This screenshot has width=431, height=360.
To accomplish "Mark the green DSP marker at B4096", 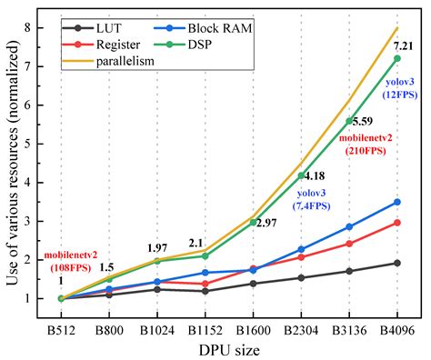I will (x=396, y=58).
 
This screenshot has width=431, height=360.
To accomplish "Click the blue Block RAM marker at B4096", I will (x=396, y=202).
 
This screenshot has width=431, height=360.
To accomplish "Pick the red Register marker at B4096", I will (x=396, y=223).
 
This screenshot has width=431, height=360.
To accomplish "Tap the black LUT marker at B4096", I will (x=396, y=263).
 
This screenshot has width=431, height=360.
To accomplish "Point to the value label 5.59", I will (x=359, y=121).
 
